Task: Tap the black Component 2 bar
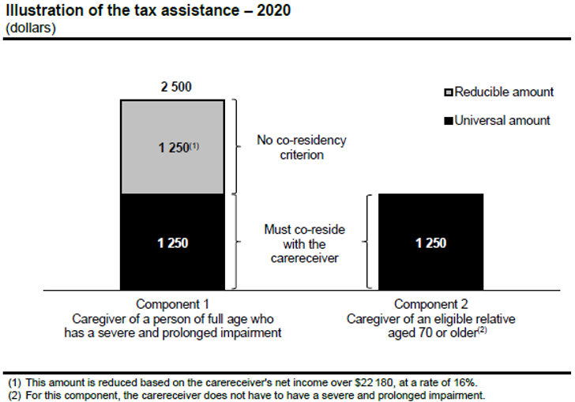click(x=431, y=242)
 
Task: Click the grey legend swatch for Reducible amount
click(x=448, y=93)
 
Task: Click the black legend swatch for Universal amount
click(x=448, y=121)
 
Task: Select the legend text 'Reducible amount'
click(x=504, y=92)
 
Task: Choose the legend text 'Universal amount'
click(x=502, y=121)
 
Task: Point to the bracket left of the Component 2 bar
click(x=369, y=242)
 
